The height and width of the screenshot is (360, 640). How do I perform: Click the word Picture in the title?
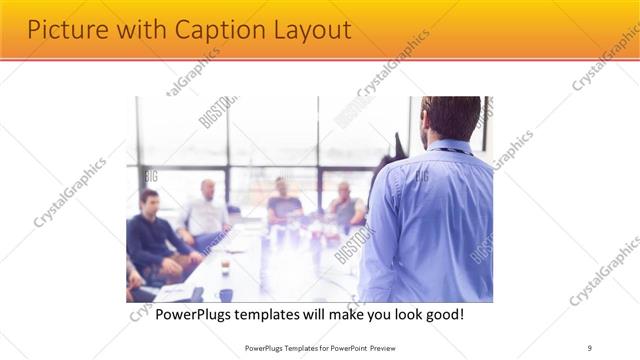62,30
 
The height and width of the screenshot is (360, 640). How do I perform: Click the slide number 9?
590,348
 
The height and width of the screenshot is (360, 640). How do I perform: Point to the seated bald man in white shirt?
206,210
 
